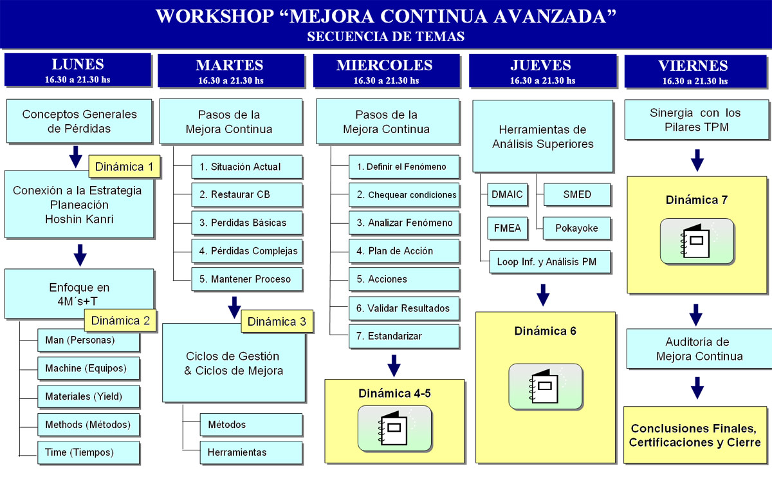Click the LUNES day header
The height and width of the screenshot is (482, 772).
pos(78,70)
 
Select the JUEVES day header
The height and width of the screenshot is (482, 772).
pos(542,71)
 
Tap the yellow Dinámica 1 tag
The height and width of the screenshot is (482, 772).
pos(124,167)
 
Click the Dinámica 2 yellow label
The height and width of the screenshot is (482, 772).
pos(120,320)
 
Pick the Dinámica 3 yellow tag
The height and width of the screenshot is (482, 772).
pos(277,321)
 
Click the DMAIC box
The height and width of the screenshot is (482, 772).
pos(508,194)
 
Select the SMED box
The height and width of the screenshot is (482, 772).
pos(577,194)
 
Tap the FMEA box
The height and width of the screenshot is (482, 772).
pos(508,228)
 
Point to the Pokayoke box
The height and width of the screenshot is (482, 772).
pos(576,228)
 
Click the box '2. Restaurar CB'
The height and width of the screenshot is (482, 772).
pos(247,194)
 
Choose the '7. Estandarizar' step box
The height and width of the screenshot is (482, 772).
pos(404,336)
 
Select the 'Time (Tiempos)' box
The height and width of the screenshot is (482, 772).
pos(89,452)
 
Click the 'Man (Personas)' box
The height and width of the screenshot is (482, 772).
pos(89,340)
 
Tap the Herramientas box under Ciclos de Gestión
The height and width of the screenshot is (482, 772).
pos(251,452)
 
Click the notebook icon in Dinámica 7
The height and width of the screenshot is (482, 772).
pos(697,241)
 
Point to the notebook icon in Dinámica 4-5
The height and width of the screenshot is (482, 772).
pos(394,429)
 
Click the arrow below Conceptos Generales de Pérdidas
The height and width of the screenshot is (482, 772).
pos(76,157)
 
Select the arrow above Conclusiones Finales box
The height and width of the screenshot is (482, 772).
pos(697,388)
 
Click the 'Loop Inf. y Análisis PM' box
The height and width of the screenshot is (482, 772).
pos(549,262)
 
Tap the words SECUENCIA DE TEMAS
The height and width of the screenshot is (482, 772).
pos(386,37)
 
